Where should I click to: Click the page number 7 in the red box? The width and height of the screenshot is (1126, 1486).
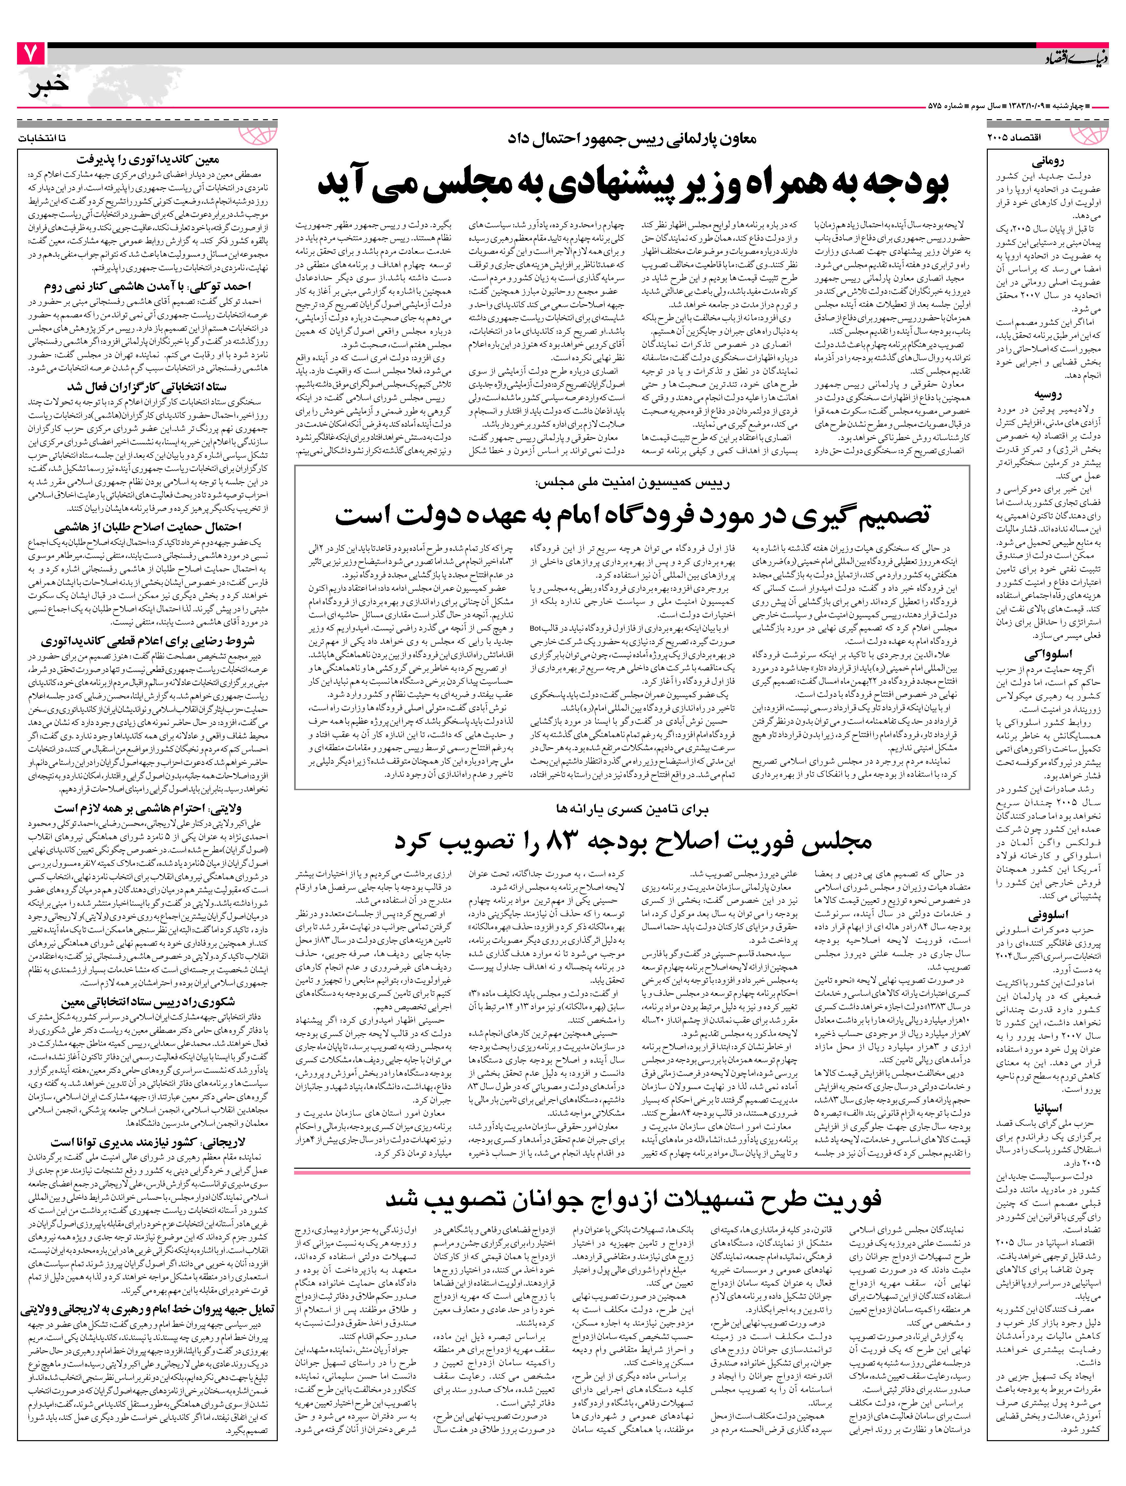click(x=30, y=54)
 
